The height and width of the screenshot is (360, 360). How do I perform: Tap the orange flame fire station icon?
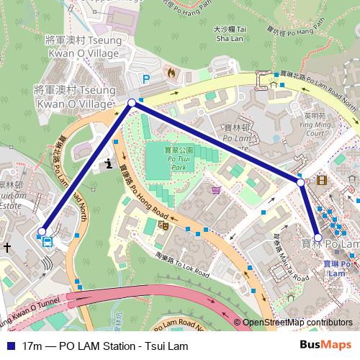click(x=170, y=72)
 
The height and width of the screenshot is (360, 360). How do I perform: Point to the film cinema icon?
click(x=320, y=179)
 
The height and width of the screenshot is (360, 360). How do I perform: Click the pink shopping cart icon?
click(x=216, y=190)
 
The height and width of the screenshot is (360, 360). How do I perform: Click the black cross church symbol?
click(x=7, y=247)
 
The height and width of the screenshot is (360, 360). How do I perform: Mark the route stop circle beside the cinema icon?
click(x=301, y=183)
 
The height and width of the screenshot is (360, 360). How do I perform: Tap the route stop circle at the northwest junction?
click(x=132, y=104)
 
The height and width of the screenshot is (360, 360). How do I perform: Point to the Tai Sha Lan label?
click(x=232, y=33)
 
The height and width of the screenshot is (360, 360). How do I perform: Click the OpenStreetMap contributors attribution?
click(x=297, y=323)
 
